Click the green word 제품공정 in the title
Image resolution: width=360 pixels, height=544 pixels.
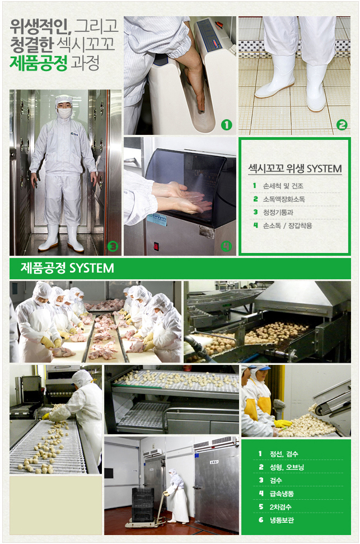[38, 63]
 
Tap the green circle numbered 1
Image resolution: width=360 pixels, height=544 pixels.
[226, 125]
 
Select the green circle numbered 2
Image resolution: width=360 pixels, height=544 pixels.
[342, 125]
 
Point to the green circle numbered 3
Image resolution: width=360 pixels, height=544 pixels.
[113, 247]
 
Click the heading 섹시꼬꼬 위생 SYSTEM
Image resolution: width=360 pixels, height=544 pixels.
[294, 168]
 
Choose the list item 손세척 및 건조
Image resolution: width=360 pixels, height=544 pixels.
[283, 186]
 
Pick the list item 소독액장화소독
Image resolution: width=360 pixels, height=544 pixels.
[284, 199]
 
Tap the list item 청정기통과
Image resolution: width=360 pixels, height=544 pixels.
[278, 212]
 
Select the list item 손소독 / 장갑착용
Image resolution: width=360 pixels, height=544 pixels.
[287, 226]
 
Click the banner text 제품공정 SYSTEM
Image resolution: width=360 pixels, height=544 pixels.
[67, 268]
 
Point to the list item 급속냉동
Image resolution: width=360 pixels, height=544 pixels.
[282, 493]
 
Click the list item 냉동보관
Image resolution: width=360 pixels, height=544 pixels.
[282, 520]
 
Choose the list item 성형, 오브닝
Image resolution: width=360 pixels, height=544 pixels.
[287, 467]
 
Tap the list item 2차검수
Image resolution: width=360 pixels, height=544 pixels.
[280, 507]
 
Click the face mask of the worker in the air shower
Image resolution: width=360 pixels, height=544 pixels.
[64, 112]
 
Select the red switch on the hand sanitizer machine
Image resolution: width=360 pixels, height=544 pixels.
[156, 246]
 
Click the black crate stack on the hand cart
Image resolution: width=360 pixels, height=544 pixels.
[143, 505]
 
